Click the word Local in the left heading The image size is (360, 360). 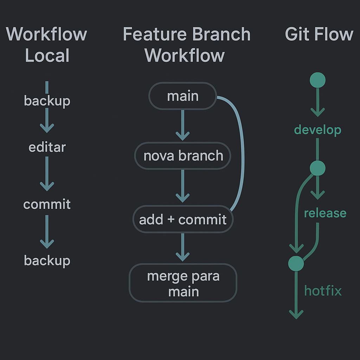[47, 56]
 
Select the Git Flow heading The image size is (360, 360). [319, 34]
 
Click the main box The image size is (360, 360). [182, 96]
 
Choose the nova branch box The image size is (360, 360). [183, 156]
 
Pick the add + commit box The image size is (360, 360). [183, 219]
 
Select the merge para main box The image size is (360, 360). [183, 283]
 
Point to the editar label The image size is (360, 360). [47, 147]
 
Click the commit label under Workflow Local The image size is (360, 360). [47, 204]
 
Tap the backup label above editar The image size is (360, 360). [47, 101]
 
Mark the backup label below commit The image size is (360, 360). [47, 261]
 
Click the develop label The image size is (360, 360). [317, 130]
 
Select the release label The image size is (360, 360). [325, 213]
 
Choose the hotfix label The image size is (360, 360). [323, 291]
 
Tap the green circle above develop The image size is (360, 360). [317, 80]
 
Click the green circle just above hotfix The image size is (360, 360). [296, 263]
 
